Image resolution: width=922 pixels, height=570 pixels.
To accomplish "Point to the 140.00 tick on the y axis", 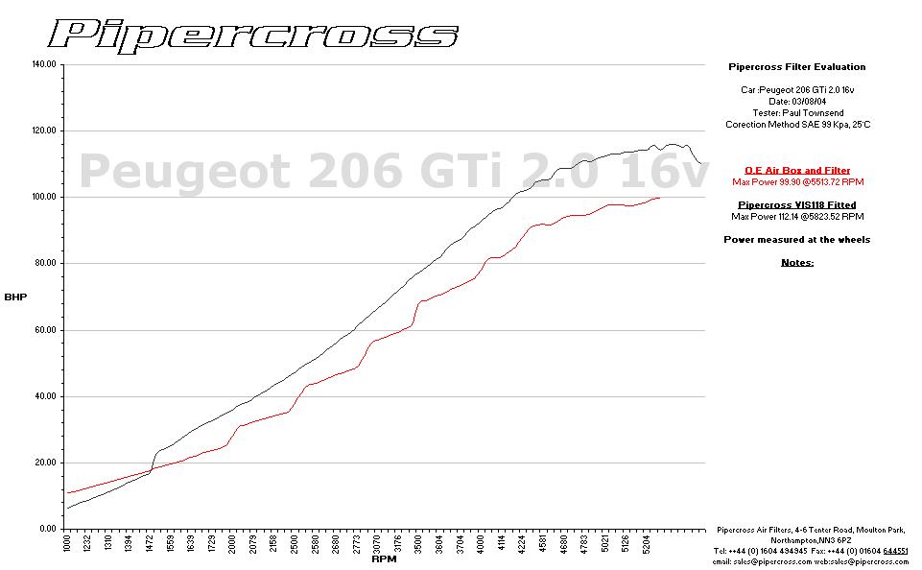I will point(44,64).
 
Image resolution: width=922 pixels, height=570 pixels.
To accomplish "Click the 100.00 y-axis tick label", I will point(44,197).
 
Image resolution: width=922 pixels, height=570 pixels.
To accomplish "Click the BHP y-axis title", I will point(15,297).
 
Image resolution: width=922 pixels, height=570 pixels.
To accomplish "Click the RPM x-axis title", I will point(384,558).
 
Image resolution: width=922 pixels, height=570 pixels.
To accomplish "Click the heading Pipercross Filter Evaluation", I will point(797,67).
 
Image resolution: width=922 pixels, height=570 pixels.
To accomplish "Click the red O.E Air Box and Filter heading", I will point(797,170).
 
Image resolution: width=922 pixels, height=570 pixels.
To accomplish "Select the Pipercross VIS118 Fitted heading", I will point(797,204).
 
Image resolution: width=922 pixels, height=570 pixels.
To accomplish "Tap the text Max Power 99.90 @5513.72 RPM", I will point(797,181).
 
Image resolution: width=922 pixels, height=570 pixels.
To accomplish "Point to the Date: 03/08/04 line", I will point(797,101).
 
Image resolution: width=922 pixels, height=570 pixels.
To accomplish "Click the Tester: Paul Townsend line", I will point(797,112).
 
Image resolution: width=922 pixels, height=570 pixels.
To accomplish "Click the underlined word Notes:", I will point(797,262).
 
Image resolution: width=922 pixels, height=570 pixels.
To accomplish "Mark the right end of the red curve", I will point(660,198).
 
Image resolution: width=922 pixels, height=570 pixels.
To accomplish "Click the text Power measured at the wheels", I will point(797,239).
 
